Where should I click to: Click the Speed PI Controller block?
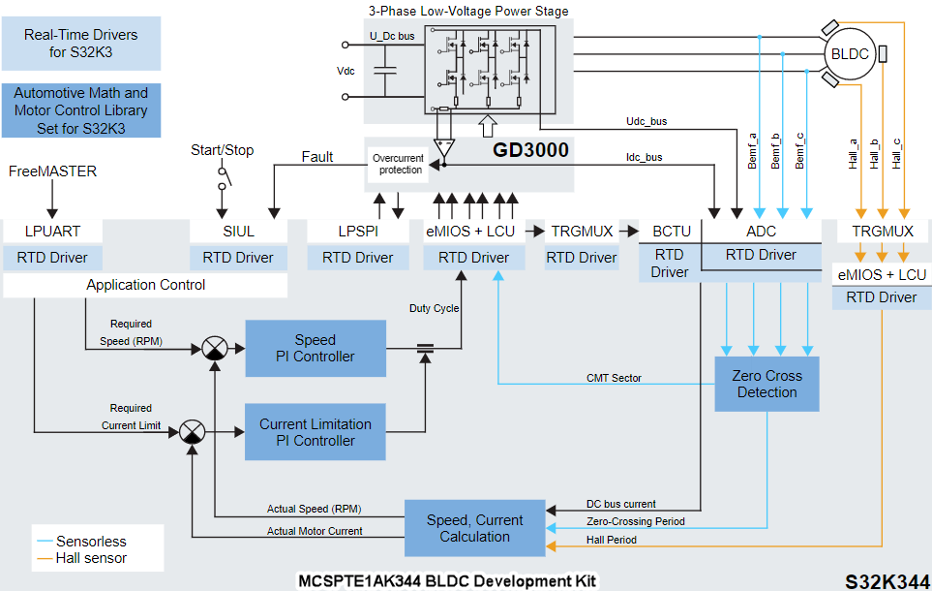click(315, 349)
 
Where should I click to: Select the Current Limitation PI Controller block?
click(315, 432)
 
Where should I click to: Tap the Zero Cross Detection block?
click(767, 384)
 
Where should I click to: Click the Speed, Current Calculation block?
click(474, 528)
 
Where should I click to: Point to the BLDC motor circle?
click(850, 54)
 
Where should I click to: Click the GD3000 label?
click(530, 150)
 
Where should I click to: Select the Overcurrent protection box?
click(398, 164)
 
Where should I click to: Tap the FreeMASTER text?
click(53, 171)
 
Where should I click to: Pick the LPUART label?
click(53, 232)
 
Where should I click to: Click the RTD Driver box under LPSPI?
click(358, 258)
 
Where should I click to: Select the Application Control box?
click(145, 285)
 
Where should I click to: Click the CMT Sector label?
click(614, 378)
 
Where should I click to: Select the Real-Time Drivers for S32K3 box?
click(80, 43)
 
